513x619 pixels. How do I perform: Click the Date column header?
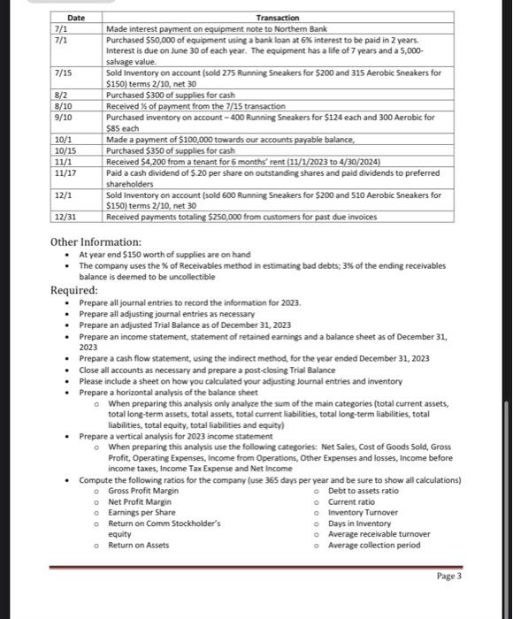76,18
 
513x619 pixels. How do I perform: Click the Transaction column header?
277,18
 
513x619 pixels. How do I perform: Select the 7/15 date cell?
63,73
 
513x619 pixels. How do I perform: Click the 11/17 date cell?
65,173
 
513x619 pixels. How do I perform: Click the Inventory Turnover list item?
359,512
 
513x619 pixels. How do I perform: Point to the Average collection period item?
374,545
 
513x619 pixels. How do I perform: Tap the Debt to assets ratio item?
363,490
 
